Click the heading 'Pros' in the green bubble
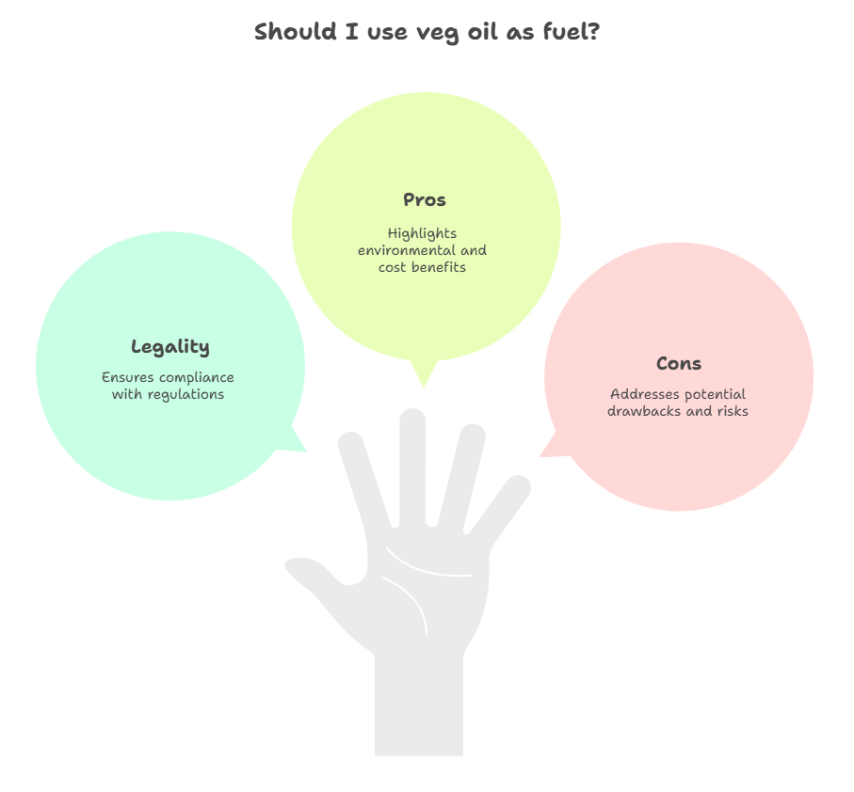425,199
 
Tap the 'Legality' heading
169,346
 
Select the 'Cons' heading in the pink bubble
679,363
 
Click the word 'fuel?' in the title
572,31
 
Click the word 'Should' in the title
296,31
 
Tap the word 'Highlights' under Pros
422,234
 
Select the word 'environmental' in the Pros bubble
399,250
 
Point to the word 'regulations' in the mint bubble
185,395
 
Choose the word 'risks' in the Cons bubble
733,411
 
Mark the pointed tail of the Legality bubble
306,451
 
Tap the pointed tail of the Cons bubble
540,456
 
